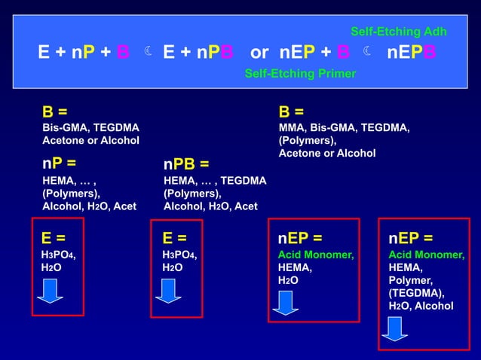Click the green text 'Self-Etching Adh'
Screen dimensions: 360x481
(399, 32)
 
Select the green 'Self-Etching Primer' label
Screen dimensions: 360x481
(300, 74)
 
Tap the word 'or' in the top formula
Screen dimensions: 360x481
(259, 53)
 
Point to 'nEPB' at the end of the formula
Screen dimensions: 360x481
(411, 53)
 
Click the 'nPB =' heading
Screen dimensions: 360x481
(186, 164)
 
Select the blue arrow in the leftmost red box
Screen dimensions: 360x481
(50, 290)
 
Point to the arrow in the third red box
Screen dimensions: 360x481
(286, 301)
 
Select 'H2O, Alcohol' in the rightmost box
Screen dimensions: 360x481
(421, 306)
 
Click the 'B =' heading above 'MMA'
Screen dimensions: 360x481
(291, 112)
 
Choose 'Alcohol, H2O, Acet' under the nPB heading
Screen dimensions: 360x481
(210, 206)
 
